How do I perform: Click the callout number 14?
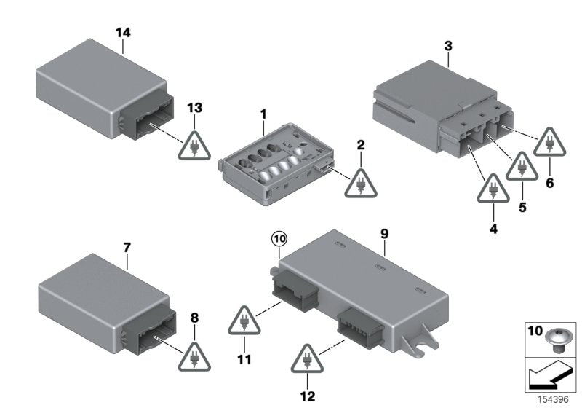[x=123, y=33]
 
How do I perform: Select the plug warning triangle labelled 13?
[x=194, y=146]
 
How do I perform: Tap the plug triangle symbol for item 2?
[x=361, y=184]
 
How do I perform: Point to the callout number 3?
[x=448, y=47]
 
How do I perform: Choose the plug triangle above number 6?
[x=550, y=142]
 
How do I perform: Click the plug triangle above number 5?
[x=522, y=166]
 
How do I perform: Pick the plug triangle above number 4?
[x=493, y=189]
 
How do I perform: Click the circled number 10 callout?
[x=279, y=238]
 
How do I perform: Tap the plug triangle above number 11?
[x=244, y=321]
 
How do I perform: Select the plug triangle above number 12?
[x=307, y=359]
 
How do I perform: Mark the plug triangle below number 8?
[x=194, y=357]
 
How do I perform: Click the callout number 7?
[x=127, y=248]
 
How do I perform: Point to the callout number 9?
[x=385, y=234]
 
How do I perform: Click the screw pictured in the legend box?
[x=556, y=340]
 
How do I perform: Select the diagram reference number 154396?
[x=553, y=399]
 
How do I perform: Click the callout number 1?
[x=263, y=115]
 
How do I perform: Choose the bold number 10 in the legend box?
[x=535, y=330]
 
